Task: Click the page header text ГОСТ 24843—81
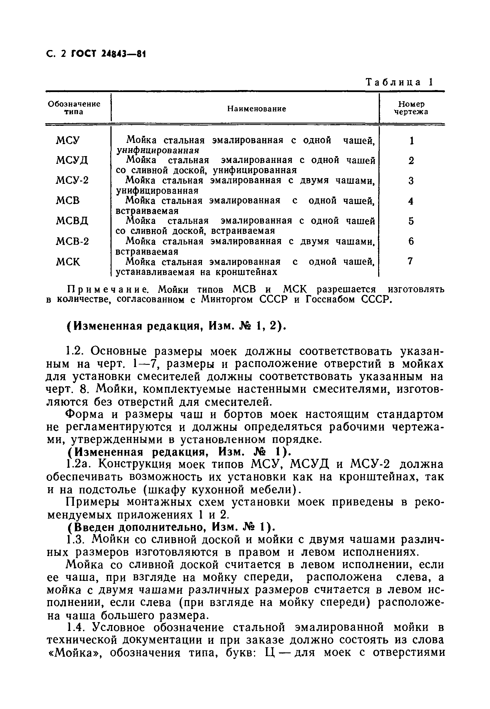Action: point(108,54)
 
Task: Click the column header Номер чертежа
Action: point(411,108)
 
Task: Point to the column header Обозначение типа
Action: point(74,108)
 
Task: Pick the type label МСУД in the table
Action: point(72,160)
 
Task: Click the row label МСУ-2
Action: point(72,180)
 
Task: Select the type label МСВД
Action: point(72,221)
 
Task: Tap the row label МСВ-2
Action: point(72,242)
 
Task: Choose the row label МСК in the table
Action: point(68,262)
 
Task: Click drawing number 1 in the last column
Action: point(411,141)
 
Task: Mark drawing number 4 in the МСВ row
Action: point(411,201)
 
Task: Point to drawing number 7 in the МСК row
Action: point(410,261)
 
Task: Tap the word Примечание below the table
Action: point(110,289)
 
